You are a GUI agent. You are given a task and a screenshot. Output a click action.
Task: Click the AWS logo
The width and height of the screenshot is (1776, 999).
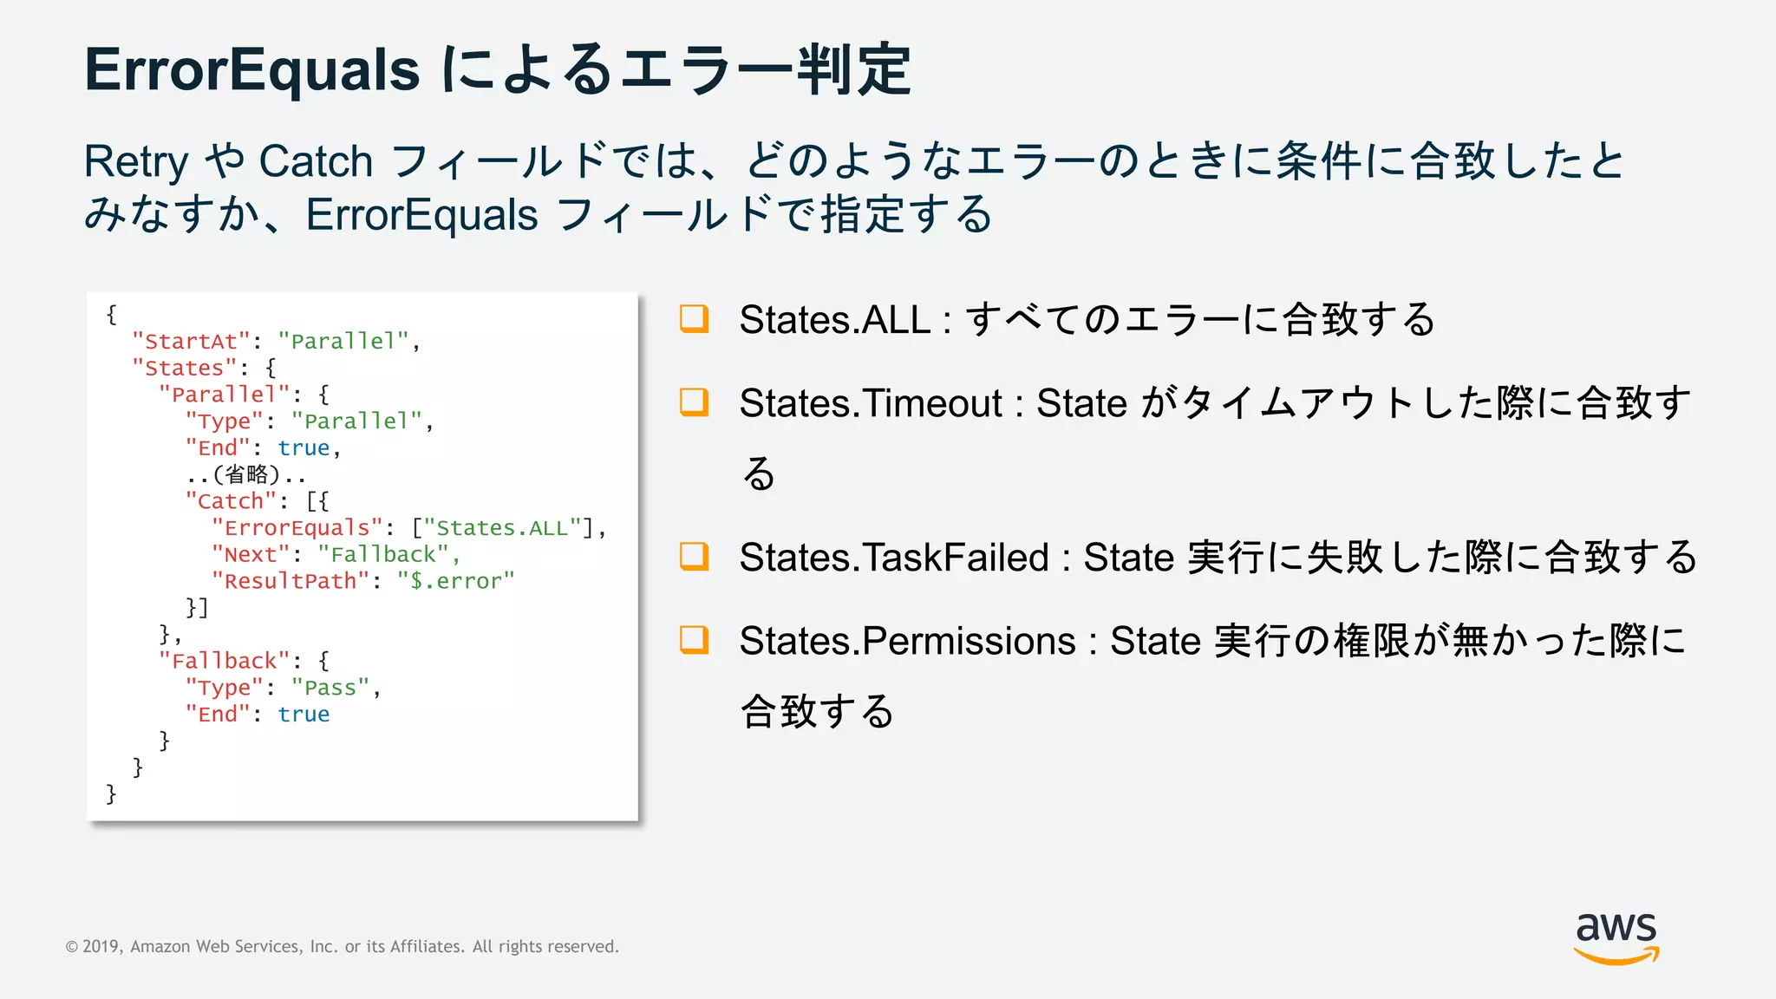pos(1616,937)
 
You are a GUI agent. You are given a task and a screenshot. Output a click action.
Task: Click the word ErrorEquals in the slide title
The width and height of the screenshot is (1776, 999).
pos(251,69)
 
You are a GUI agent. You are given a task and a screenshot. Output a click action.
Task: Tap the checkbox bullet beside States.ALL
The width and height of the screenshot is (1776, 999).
pos(694,318)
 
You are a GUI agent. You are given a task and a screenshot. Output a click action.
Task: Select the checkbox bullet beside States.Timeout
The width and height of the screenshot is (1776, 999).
pos(694,402)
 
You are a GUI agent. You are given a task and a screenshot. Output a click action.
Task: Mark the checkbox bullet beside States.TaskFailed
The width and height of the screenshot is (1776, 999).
pos(694,556)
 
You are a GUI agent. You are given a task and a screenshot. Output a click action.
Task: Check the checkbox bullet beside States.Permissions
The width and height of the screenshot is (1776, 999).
pos(694,640)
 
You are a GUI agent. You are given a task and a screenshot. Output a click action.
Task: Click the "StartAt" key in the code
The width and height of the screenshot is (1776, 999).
pos(191,341)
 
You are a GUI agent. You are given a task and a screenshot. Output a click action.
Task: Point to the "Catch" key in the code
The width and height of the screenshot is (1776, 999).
pos(231,501)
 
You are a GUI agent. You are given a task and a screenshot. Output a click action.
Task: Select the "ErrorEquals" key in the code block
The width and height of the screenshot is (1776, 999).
pos(297,528)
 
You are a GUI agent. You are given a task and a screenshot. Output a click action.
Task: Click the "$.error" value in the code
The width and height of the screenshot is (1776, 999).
pos(456,581)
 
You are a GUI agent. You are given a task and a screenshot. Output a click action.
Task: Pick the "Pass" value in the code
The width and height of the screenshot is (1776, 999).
pos(330,688)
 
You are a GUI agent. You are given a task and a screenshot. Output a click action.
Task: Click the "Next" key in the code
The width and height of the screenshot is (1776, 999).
pos(251,555)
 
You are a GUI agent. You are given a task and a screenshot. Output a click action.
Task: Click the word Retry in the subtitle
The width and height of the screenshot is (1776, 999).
pos(135,162)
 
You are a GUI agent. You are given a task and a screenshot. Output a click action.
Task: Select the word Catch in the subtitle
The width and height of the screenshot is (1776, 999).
pos(316,162)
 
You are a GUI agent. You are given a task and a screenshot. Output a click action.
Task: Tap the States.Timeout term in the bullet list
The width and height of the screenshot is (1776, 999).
pos(871,403)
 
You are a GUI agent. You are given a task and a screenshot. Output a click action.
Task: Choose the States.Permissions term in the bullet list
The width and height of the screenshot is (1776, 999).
pos(907,642)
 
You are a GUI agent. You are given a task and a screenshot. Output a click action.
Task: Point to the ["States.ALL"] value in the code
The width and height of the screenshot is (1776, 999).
pos(503,528)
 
